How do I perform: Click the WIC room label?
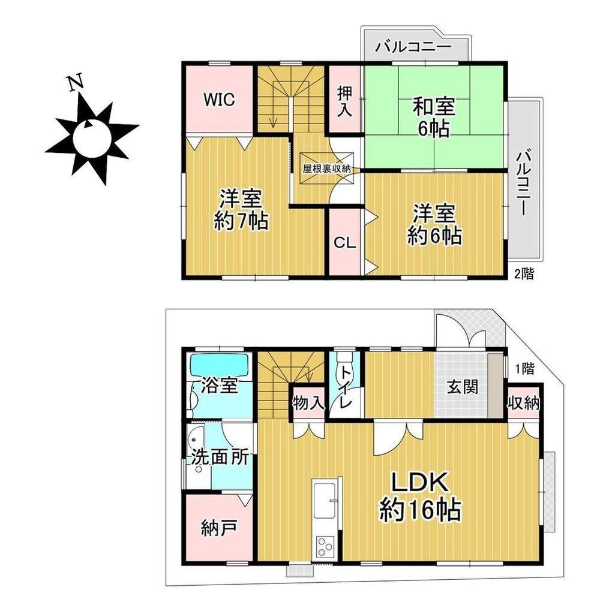(219, 99)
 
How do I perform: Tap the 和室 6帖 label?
(434, 117)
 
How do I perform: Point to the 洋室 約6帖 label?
(434, 225)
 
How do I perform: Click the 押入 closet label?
(345, 101)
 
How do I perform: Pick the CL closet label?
(345, 243)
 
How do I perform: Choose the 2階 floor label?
(524, 273)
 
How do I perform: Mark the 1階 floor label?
(524, 369)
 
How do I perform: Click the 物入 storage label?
(309, 404)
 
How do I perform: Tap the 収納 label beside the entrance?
(524, 404)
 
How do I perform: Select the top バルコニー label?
(413, 47)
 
